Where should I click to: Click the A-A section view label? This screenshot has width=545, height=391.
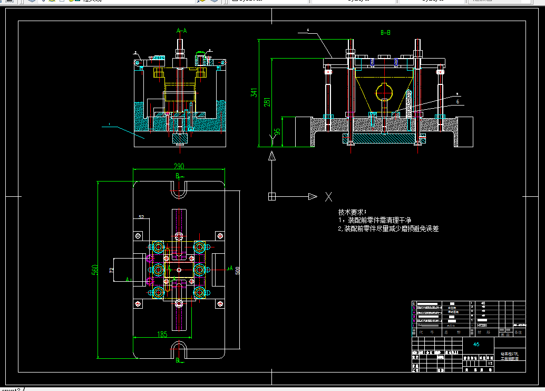181,31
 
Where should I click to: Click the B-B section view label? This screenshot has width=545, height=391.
385,32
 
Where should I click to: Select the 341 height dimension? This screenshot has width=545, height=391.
254,93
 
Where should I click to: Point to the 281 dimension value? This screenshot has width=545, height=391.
267,101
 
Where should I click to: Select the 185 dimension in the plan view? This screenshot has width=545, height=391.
162,333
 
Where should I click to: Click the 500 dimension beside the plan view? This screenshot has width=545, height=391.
238,271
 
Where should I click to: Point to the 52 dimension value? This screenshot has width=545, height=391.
141,217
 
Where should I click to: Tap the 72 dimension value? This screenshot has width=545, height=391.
112,270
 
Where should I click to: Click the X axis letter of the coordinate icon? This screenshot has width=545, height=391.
328,197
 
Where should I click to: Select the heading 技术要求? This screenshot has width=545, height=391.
352,211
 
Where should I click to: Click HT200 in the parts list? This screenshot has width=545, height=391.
481,326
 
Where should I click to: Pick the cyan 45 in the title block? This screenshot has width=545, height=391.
476,344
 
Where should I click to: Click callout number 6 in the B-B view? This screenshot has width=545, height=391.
458,102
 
